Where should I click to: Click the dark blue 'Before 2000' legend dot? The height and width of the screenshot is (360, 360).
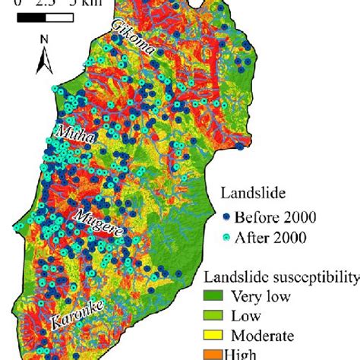click(226, 218)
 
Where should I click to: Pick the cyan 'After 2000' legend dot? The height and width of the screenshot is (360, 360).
click(226, 238)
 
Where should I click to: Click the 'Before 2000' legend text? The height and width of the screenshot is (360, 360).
click(274, 218)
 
